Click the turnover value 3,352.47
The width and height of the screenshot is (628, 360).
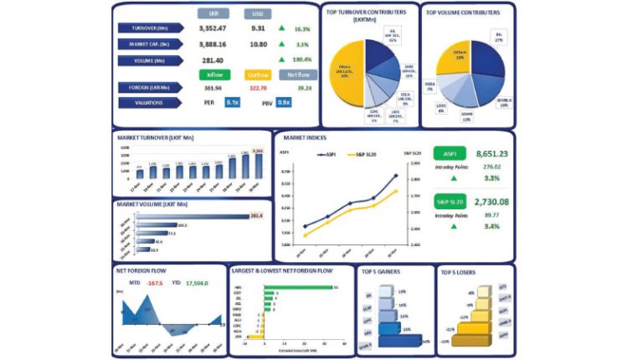click(212, 28)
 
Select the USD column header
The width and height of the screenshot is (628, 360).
click(257, 13)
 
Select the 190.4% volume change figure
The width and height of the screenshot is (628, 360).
click(302, 59)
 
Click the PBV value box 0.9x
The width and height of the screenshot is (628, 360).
click(283, 102)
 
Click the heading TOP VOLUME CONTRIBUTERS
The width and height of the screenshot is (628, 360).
click(463, 13)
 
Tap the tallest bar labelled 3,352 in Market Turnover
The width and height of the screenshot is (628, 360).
click(257, 164)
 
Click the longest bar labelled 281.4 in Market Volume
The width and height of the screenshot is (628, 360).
click(192, 216)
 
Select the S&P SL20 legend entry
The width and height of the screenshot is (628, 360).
click(365, 155)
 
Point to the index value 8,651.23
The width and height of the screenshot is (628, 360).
click(492, 155)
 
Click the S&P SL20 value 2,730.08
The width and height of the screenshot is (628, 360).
click(492, 202)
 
